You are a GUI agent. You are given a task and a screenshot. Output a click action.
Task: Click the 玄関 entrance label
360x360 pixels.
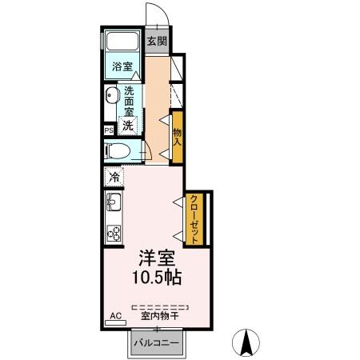[157, 41]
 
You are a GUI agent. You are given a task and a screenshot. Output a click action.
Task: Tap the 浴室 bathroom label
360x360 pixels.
[122, 66]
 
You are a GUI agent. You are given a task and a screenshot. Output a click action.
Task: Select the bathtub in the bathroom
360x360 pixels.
[122, 41]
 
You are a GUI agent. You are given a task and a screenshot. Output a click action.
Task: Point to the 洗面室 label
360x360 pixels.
[129, 102]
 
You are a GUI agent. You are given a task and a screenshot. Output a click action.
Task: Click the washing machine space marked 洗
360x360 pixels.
[128, 126]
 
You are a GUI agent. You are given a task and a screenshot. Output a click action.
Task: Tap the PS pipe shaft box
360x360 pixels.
[109, 130]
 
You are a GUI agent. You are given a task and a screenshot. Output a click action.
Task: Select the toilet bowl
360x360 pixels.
[118, 151]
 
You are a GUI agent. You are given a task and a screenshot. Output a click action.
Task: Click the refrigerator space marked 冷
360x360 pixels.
[114, 177]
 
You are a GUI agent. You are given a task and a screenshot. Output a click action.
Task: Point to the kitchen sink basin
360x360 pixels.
[114, 202]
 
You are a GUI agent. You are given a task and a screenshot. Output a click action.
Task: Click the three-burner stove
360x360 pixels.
[114, 233]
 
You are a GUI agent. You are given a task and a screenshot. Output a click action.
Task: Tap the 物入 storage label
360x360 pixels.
[178, 137]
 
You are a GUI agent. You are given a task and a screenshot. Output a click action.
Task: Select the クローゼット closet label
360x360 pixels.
[194, 219]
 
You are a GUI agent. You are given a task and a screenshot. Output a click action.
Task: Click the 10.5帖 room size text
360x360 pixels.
[157, 278]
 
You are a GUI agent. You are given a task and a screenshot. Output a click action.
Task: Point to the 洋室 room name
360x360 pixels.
[157, 258]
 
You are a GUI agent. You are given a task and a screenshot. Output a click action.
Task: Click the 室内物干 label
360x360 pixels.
[159, 317]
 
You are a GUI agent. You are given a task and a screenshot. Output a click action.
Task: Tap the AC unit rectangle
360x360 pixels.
[115, 323]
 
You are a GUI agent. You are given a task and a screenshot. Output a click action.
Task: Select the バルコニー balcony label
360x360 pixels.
[157, 342]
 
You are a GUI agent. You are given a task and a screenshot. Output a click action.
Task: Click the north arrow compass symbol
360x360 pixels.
[246, 342]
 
